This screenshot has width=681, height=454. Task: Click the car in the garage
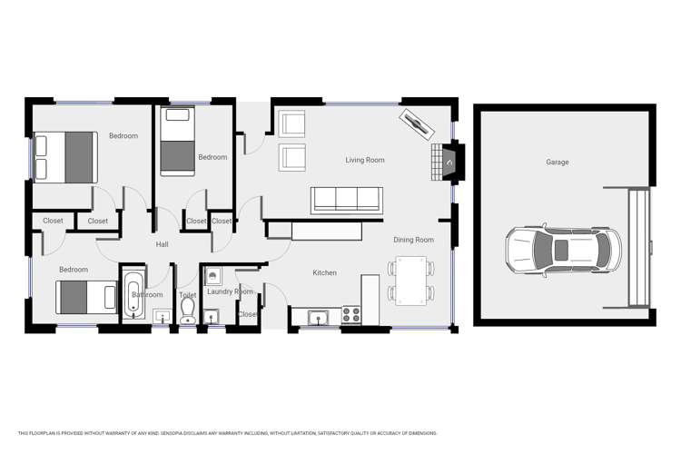click(x=563, y=251)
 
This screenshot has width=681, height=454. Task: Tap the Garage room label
click(x=557, y=163)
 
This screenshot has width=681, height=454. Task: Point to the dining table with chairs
click(x=410, y=280)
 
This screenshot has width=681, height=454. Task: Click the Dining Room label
click(x=413, y=241)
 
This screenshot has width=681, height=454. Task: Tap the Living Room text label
click(x=364, y=161)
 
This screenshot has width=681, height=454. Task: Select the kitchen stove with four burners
click(x=350, y=315)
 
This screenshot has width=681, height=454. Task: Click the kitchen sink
click(x=319, y=317)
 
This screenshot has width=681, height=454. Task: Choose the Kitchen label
click(x=324, y=273)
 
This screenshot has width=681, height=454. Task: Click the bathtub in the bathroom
click(x=133, y=294)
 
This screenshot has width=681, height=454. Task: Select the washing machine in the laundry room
click(x=212, y=275)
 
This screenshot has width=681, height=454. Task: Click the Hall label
click(x=162, y=244)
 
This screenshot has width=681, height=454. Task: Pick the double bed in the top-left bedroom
click(x=65, y=157)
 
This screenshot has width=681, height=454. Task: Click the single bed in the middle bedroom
click(x=177, y=141)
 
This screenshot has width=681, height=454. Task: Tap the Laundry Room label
click(x=229, y=292)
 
